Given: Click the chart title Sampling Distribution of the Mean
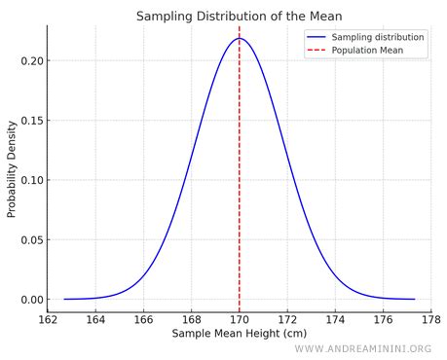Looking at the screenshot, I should point(239,16).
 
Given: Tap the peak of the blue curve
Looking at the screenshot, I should point(240,39).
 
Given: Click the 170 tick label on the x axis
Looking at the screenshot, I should point(240,318).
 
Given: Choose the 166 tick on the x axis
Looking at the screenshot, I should point(143,318).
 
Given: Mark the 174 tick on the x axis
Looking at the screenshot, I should point(335,318).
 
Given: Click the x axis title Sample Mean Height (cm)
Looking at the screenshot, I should point(239,334).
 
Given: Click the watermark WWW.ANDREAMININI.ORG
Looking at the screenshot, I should point(362,349).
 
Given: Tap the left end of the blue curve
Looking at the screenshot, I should point(64,299).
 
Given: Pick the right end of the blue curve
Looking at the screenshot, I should point(414,299).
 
